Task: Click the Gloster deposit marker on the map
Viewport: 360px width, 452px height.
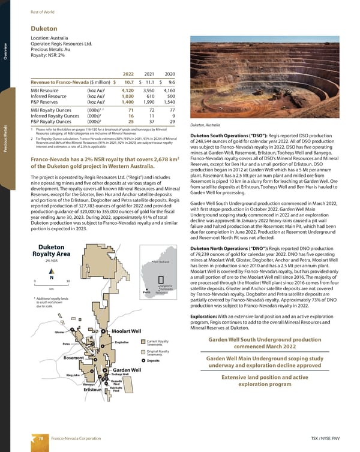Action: coord(70,332)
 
